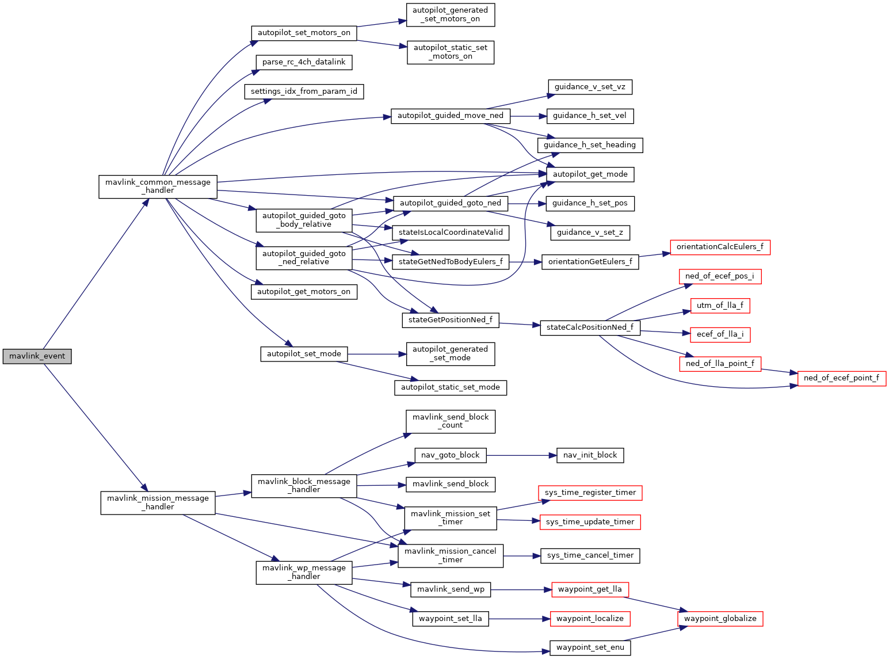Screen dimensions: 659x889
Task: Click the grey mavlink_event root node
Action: [x=37, y=356]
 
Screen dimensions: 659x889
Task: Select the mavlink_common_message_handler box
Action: [x=158, y=186]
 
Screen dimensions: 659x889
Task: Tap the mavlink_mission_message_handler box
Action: [x=158, y=502]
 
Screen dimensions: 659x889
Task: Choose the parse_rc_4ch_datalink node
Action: [x=304, y=62]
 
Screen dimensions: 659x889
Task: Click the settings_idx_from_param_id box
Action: [x=304, y=92]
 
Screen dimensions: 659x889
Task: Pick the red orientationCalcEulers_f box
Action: [x=720, y=247]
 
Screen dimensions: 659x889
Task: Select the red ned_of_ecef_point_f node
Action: [x=841, y=378]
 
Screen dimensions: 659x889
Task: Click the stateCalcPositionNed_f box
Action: [x=590, y=327]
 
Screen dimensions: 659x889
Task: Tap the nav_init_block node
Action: [x=590, y=455]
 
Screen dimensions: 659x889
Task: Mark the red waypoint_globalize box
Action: [x=720, y=619]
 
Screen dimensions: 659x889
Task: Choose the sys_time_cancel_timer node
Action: [x=590, y=555]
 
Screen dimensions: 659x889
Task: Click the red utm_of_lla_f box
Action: [x=720, y=306]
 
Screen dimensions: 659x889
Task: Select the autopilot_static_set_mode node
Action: [x=450, y=387]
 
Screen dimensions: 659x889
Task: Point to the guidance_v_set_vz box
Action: [x=590, y=87]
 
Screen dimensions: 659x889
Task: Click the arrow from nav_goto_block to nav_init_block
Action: [x=521, y=455]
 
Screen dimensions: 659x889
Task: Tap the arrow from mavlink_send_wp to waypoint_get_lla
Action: [x=521, y=590]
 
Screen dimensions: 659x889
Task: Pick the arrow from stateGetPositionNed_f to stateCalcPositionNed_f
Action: [x=520, y=324]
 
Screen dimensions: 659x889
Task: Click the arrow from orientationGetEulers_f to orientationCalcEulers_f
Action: [x=654, y=255]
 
